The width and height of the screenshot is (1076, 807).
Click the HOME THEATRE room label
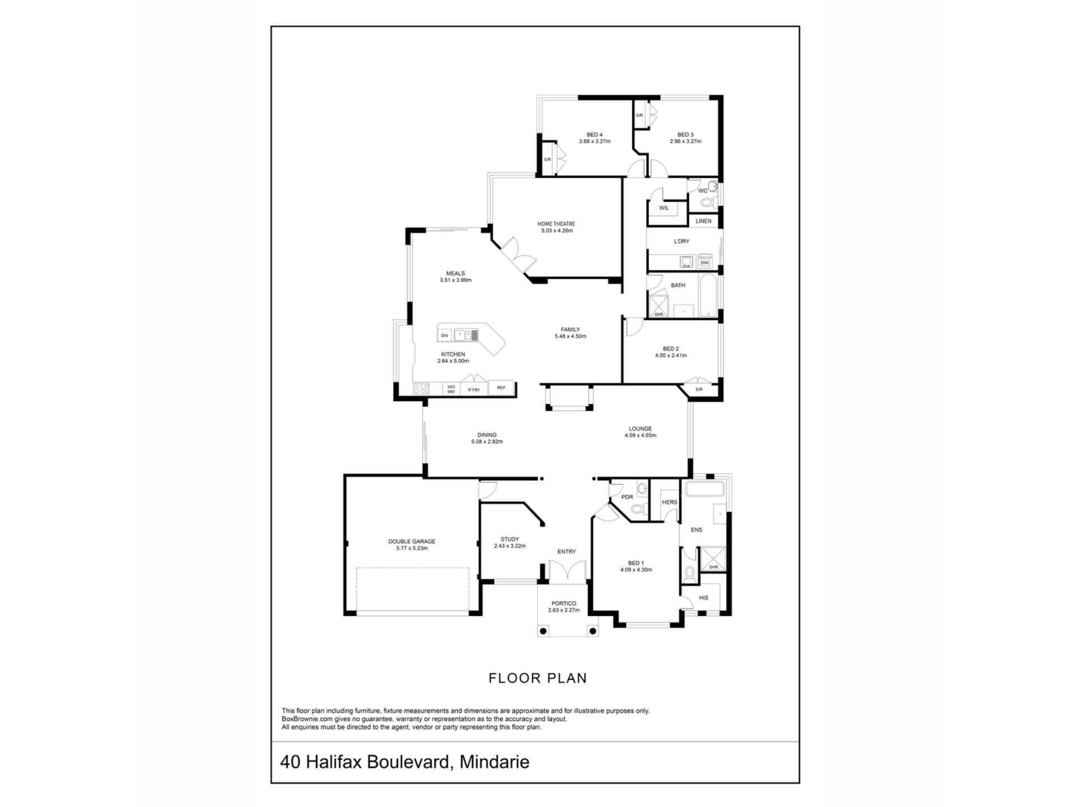556,224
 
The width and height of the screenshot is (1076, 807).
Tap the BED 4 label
595,134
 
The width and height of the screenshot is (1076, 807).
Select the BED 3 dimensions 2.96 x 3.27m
685,141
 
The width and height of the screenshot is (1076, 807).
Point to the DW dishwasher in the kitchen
444,336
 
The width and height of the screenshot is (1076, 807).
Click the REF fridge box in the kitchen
501,388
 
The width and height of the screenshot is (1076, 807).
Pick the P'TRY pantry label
474,390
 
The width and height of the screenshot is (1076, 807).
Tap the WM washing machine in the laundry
704,262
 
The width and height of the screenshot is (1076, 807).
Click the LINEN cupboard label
703,221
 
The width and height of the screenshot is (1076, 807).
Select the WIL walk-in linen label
664,208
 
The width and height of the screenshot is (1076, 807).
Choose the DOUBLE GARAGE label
412,541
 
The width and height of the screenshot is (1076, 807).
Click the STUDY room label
510,539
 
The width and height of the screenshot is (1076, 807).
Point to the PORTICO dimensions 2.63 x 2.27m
564,610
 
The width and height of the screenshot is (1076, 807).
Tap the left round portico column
542,631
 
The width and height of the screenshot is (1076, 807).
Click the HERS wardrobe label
670,502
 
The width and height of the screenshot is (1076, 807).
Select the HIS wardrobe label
704,598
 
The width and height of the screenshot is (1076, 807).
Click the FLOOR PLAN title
538,678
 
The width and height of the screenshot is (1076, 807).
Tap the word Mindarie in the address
494,762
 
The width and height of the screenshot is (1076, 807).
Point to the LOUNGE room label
640,429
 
